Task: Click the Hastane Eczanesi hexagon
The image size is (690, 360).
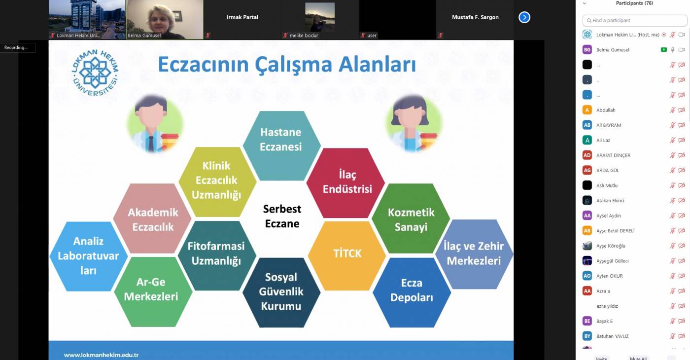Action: (x=281, y=146)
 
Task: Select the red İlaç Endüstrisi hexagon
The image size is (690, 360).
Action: (x=345, y=183)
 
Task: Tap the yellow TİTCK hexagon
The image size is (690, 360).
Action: (x=347, y=255)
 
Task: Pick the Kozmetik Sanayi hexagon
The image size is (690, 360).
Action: (x=411, y=218)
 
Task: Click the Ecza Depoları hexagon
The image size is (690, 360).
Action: (x=412, y=292)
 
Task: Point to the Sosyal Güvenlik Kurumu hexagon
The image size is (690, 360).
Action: (x=281, y=292)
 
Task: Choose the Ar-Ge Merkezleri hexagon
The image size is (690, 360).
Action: (x=153, y=292)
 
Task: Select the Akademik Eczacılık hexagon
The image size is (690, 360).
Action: (x=152, y=218)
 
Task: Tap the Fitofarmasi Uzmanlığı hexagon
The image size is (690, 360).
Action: (x=217, y=255)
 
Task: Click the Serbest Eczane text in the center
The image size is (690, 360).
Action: (x=282, y=216)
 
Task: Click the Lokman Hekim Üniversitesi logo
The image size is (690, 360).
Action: (x=95, y=73)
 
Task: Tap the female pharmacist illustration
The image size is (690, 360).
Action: (x=414, y=124)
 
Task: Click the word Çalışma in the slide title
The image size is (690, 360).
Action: (x=294, y=65)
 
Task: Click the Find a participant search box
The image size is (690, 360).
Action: (x=635, y=20)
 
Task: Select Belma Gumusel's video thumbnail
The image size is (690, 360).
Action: (x=165, y=19)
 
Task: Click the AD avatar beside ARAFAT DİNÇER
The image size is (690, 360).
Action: (x=587, y=155)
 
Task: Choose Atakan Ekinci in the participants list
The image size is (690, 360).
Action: (x=610, y=201)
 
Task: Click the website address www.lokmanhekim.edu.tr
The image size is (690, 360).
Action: (x=102, y=355)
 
